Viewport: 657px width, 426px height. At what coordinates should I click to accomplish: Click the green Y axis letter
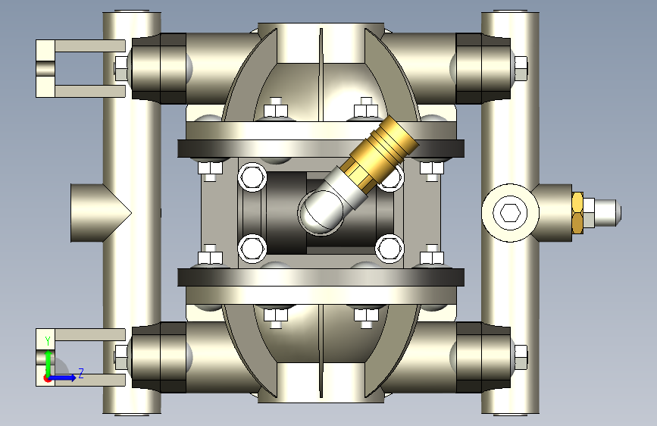tap(48, 341)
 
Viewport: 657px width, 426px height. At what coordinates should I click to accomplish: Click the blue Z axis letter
tap(81, 373)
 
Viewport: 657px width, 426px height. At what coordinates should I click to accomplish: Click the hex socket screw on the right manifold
tap(510, 213)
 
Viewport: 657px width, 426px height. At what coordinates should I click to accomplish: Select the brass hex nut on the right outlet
tap(577, 212)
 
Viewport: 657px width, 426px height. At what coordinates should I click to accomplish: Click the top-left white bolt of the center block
tap(252, 177)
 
